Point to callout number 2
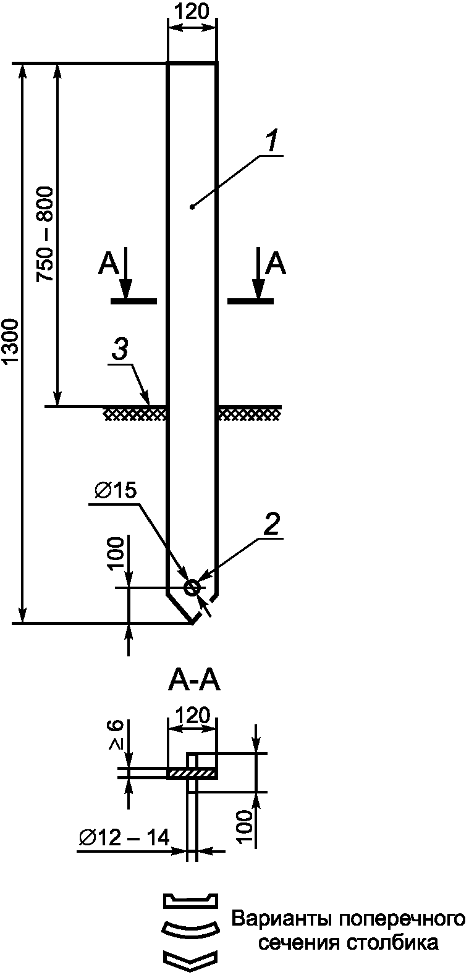pyautogui.click(x=272, y=524)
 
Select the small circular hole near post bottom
pyautogui.click(x=192, y=587)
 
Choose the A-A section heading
pyautogui.click(x=193, y=682)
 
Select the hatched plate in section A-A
pyautogui.click(x=192, y=772)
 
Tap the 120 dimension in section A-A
pyautogui.click(x=192, y=716)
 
